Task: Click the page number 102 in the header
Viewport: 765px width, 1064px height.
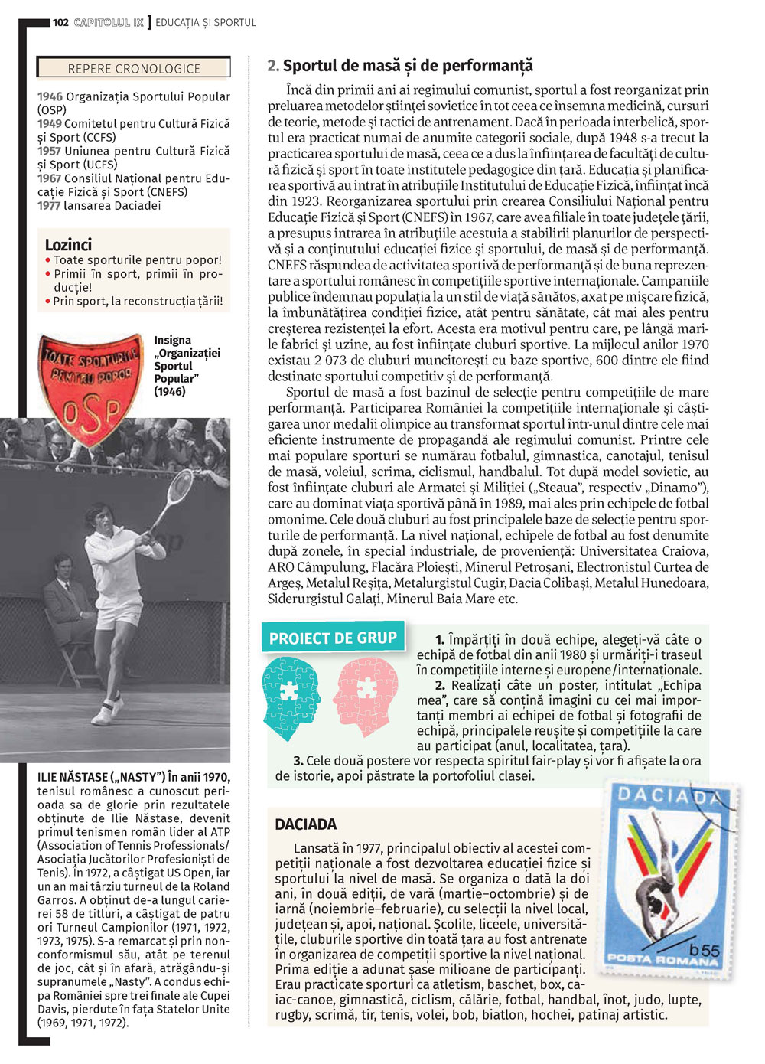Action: tap(60, 22)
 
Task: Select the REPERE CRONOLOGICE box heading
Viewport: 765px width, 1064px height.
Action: tap(134, 69)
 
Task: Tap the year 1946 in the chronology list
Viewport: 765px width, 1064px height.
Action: tap(50, 96)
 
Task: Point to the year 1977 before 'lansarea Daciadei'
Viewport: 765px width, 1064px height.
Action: tap(50, 205)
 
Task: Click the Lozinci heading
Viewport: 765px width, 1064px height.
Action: tap(68, 245)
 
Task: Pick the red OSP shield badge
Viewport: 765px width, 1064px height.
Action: tap(90, 379)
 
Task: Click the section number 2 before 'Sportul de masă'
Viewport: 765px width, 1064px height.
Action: tap(272, 66)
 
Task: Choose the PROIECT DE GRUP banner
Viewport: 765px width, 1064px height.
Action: tap(333, 638)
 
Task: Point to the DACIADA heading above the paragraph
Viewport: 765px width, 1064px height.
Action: tap(306, 824)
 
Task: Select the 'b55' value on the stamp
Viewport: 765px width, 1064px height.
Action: tap(705, 950)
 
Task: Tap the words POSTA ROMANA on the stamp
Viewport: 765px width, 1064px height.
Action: tap(662, 959)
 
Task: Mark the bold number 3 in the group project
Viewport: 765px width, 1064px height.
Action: tap(298, 761)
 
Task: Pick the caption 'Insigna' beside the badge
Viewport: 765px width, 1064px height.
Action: tap(173, 340)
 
